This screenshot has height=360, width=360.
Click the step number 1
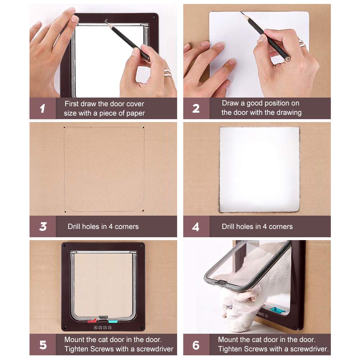pyautogui.click(x=42, y=109)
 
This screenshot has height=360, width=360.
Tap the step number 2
pyautogui.click(x=196, y=109)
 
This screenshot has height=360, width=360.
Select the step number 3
pyautogui.click(x=43, y=226)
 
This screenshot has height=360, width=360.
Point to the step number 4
pyautogui.click(x=195, y=227)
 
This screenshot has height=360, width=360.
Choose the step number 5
pyautogui.click(x=43, y=345)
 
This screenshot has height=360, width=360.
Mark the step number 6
pyautogui.click(x=196, y=345)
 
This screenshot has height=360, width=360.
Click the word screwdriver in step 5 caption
pyautogui.click(x=155, y=349)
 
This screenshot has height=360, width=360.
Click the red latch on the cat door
pyautogui.click(x=92, y=321)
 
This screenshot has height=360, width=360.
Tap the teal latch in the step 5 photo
pyautogui.click(x=113, y=321)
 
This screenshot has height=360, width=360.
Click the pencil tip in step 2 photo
pyautogui.click(x=241, y=12)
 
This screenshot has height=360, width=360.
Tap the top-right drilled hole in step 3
pyautogui.click(x=144, y=127)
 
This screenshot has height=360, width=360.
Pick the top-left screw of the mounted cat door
pyautogui.click(x=64, y=246)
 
